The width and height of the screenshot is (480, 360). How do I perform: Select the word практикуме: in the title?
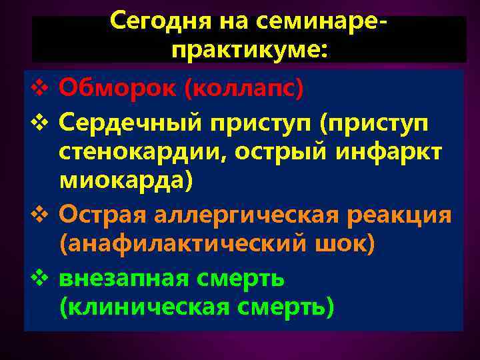(249, 49)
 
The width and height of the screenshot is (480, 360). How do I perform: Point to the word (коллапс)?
(243, 87)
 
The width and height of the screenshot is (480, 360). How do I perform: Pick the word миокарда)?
(127, 181)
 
